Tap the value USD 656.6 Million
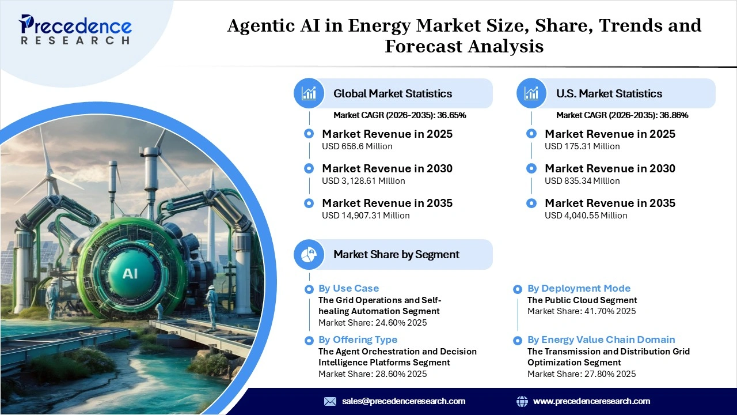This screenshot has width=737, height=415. pyautogui.click(x=357, y=146)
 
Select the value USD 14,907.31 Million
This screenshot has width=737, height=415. pyautogui.click(x=366, y=216)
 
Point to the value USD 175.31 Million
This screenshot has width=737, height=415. pyautogui.click(x=582, y=146)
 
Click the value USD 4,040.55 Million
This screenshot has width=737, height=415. pyautogui.click(x=586, y=216)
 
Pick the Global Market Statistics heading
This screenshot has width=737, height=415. pyautogui.click(x=393, y=93)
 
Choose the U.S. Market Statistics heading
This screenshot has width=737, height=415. pyautogui.click(x=609, y=93)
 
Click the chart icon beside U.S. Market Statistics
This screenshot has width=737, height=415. pyautogui.click(x=531, y=93)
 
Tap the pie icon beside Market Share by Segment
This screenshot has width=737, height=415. pyautogui.click(x=309, y=254)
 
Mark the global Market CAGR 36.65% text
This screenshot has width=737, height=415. pyautogui.click(x=400, y=115)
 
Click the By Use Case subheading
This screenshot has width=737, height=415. pyautogui.click(x=348, y=288)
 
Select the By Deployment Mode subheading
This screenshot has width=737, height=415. pyautogui.click(x=579, y=288)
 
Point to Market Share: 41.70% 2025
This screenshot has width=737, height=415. pyautogui.click(x=582, y=311)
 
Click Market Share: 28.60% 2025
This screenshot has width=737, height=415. pyautogui.click(x=373, y=374)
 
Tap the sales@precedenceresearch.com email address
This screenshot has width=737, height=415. pyautogui.click(x=404, y=401)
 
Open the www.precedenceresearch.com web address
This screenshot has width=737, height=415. pyautogui.click(x=591, y=401)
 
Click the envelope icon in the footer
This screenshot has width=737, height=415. pyautogui.click(x=330, y=401)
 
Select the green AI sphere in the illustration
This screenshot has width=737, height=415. pyautogui.click(x=130, y=273)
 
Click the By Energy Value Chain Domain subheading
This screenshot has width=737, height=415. pyautogui.click(x=601, y=339)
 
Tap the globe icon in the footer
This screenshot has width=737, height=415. pyautogui.click(x=522, y=401)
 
